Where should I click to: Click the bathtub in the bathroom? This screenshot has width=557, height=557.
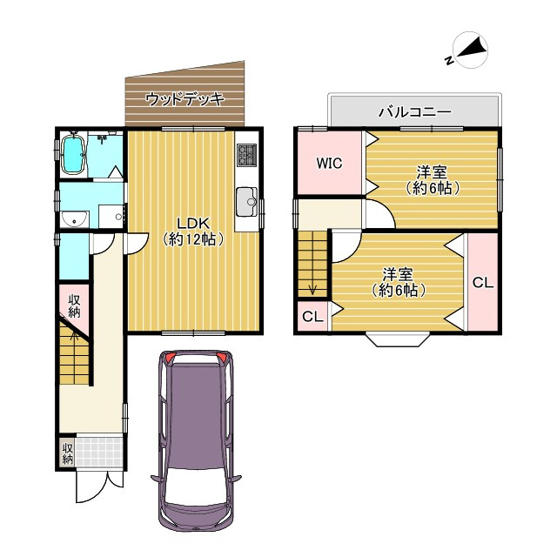coord(73,155)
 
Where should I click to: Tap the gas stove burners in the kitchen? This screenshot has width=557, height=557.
coord(247,155)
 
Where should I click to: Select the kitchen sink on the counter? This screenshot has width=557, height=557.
coord(247,201)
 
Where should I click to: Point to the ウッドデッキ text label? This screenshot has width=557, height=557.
coord(185,98)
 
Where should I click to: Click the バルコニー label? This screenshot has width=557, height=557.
coord(414,112)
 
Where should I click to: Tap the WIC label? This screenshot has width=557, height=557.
coord(329,164)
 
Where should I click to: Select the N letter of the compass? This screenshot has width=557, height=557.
coord(449,60)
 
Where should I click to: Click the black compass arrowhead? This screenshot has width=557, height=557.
coord(472,48)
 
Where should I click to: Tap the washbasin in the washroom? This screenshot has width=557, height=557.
coord(74,219)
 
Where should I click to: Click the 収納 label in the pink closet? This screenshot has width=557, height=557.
coord(74,305)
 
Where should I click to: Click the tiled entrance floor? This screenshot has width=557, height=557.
coord(99,451)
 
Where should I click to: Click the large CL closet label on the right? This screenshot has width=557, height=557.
coord(483,283)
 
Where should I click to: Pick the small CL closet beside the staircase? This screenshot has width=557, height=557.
coord(312,316)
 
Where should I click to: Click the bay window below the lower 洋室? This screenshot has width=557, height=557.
coord(398,339)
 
